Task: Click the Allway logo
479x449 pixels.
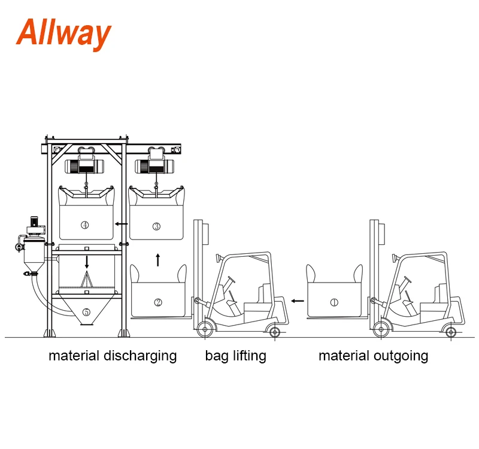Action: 63,33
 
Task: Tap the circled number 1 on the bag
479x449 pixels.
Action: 334,302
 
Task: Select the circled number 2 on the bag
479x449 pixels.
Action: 158,302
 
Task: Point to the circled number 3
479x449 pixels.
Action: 156,226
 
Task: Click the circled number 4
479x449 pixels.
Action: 85,225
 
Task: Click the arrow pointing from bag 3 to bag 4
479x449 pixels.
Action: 122,224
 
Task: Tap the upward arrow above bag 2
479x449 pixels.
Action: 157,260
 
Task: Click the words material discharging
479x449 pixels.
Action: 113,356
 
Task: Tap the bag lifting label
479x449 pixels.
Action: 235,356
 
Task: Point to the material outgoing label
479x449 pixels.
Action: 373,356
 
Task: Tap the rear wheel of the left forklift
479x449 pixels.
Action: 274,331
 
